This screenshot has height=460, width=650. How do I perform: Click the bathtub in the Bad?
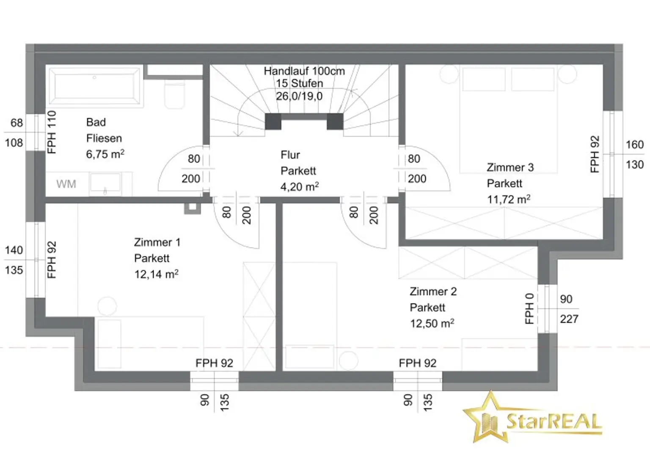click(x=94, y=86)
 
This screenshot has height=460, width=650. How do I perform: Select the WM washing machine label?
click(x=66, y=184)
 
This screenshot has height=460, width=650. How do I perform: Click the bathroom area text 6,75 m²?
click(x=105, y=154)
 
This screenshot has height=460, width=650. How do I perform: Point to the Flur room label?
click(x=290, y=155)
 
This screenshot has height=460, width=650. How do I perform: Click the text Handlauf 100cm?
click(x=304, y=71)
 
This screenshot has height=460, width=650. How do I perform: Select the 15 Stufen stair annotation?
click(x=299, y=84)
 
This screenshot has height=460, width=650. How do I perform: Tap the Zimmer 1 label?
click(x=157, y=242)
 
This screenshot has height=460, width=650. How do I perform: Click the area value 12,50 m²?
click(x=432, y=323)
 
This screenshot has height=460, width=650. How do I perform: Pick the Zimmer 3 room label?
click(x=510, y=168)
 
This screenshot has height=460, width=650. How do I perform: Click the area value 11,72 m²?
click(x=509, y=199)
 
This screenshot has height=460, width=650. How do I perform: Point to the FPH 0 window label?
click(x=529, y=309)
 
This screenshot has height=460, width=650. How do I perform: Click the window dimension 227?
click(x=569, y=319)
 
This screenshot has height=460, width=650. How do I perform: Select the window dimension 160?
click(x=635, y=145)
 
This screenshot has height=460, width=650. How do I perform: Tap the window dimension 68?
click(x=17, y=123)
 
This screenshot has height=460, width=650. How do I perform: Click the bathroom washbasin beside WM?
click(x=105, y=183)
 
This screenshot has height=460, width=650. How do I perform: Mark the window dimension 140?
click(x=14, y=250)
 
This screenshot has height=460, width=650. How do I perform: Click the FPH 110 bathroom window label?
click(x=51, y=132)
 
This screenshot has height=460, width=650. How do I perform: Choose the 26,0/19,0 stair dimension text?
click(x=299, y=96)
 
